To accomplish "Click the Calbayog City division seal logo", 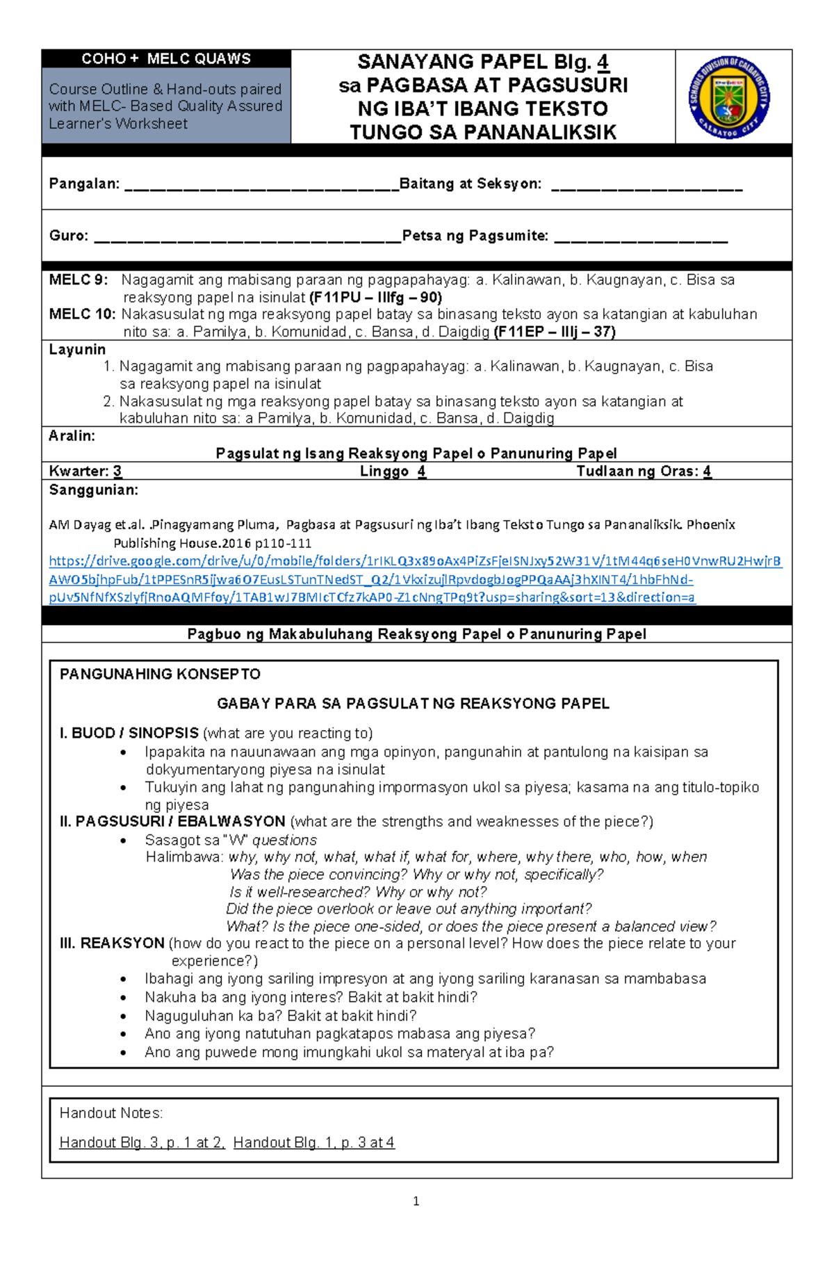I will (729, 97).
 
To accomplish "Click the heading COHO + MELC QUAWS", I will (166, 59).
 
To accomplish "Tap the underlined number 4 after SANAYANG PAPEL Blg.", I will (603, 63).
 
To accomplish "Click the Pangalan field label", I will (84, 184).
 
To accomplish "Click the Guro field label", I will (68, 236).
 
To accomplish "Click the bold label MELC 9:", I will (79, 280).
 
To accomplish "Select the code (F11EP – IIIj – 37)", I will (554, 332).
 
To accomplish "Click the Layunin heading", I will (77, 350).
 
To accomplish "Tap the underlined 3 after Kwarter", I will (117, 471).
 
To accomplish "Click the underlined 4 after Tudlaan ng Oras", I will (707, 471).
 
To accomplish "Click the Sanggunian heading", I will (93, 490).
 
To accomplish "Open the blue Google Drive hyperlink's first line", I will (415, 561).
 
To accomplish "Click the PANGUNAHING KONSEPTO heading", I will (160, 674).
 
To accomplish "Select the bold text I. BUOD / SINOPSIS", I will (129, 733).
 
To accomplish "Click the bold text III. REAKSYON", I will (112, 944).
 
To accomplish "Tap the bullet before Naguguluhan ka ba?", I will (124, 1017).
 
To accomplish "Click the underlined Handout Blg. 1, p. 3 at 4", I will (313, 1142).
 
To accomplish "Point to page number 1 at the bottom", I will (416, 1201).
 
